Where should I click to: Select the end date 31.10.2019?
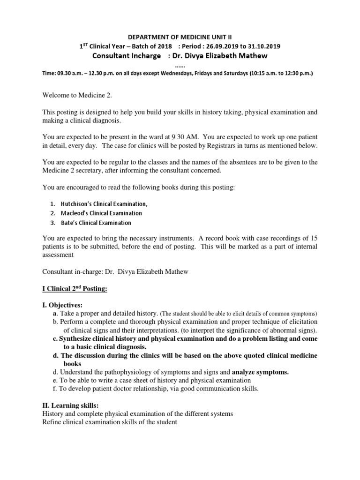click(264, 46)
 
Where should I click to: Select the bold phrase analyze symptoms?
click(261, 372)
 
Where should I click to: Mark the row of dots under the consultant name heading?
click(180, 65)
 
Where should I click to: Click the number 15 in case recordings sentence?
click(313, 238)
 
